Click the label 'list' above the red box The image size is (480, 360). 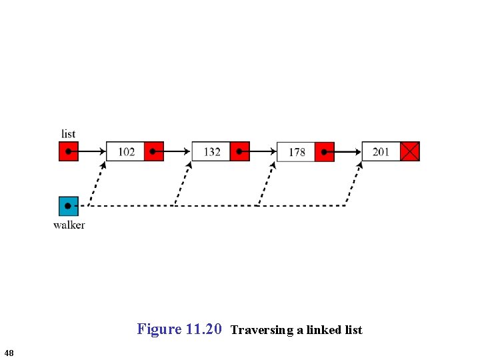coord(68,134)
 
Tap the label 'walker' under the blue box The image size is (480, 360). coord(69,225)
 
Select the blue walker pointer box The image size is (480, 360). coord(69,206)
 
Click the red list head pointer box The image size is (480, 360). coord(69,151)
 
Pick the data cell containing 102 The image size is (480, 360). coord(126,151)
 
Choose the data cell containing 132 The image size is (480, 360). coord(211,151)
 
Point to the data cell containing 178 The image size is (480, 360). coord(296,151)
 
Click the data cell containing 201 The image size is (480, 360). coord(381,151)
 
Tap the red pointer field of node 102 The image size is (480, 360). coord(154,151)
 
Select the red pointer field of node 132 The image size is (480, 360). coord(239,151)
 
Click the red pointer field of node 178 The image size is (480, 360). coord(325,151)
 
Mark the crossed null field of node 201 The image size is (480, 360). coord(410,151)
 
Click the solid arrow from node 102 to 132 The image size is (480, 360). coord(177,151)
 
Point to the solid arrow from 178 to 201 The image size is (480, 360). coord(347,151)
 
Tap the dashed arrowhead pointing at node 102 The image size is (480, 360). coord(103,165)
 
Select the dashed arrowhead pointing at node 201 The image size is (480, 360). coord(359,165)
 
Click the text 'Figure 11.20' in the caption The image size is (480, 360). coord(179,329)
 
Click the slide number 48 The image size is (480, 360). coord(8,352)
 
